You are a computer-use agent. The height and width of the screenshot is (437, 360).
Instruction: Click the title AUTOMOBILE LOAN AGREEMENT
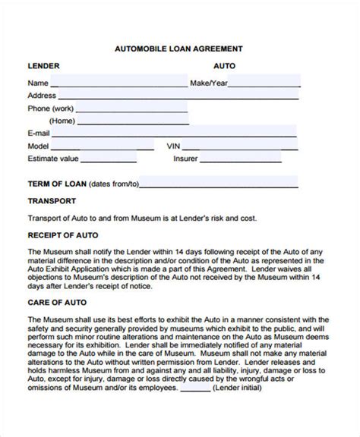click(178, 48)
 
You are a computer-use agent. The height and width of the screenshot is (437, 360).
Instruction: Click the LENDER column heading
click(44, 66)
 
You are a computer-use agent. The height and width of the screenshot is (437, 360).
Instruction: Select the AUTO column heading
click(224, 66)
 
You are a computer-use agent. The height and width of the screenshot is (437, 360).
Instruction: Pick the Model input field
click(104, 146)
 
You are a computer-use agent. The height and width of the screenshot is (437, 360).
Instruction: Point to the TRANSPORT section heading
click(52, 201)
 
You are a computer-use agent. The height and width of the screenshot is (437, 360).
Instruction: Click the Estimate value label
click(53, 159)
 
